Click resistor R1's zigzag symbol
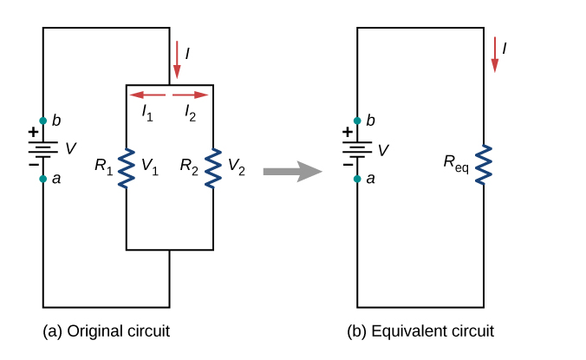pos(127,167)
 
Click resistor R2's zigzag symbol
pos(213,167)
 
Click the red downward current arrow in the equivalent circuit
pos(495,54)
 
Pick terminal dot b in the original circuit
pos(43,120)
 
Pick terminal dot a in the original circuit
pos(43,179)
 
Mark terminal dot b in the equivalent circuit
pos(357,120)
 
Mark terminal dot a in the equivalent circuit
pos(357,179)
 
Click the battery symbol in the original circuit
pos(43,149)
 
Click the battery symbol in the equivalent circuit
pos(357,149)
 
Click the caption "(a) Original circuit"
pos(106,331)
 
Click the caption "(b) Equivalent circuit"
pos(420,331)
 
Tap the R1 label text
pos(104,165)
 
